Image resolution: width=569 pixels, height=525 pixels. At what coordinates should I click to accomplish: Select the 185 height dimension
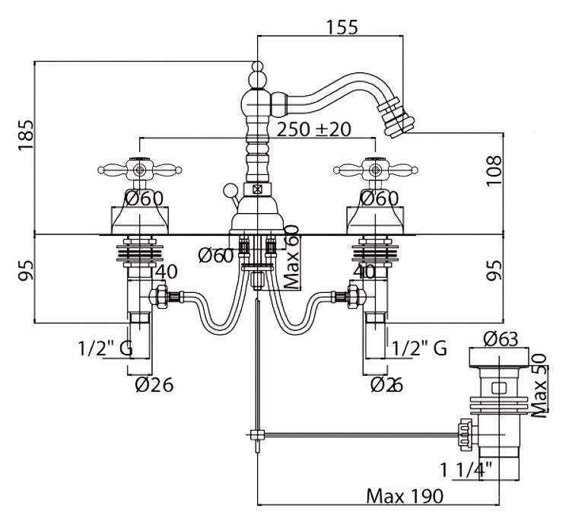click(26, 136)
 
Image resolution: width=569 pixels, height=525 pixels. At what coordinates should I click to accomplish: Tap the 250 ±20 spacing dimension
click(313, 130)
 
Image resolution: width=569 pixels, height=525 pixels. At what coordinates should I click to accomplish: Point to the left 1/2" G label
click(104, 348)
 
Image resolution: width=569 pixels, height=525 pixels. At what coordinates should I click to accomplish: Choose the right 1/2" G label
click(418, 348)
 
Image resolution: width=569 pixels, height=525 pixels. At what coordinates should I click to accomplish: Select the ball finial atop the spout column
click(258, 76)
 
